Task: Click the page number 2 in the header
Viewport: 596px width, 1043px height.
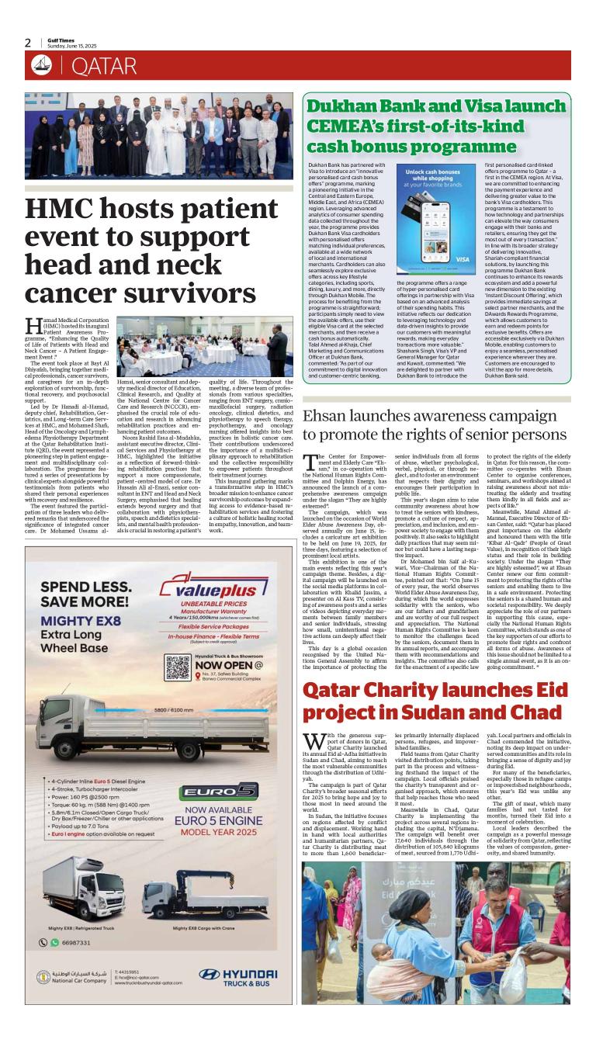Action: point(28,43)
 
